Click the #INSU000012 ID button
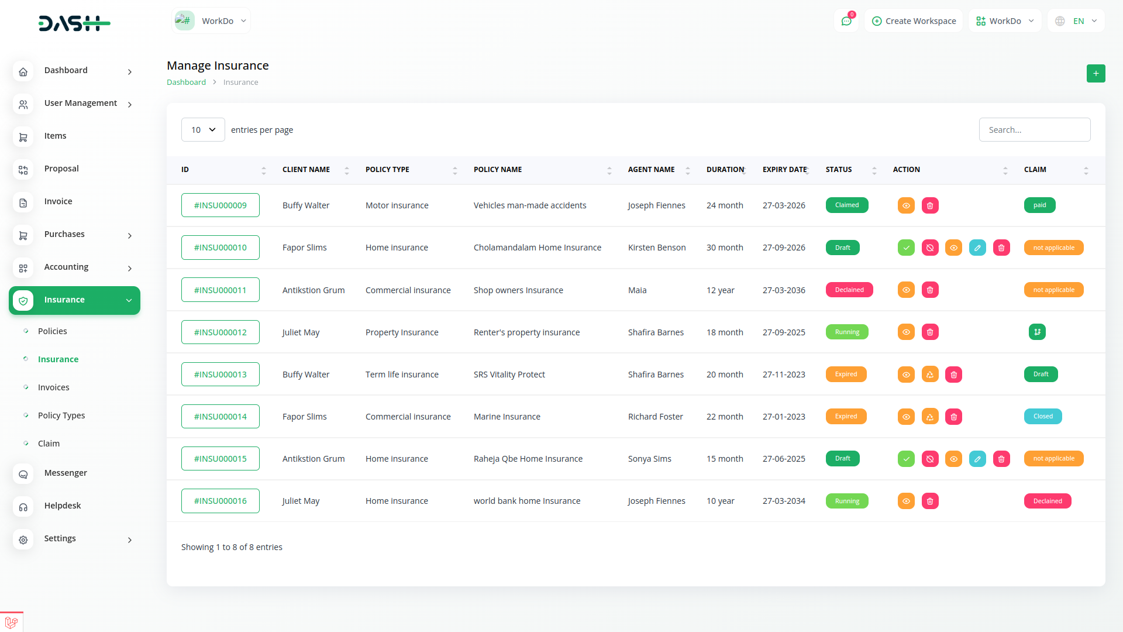pyautogui.click(x=221, y=332)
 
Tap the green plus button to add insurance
pyautogui.click(x=1096, y=74)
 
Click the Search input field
pyautogui.click(x=1034, y=130)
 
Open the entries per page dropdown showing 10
pyautogui.click(x=203, y=130)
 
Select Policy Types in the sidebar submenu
pyautogui.click(x=61, y=415)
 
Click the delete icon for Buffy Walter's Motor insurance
pyautogui.click(x=930, y=206)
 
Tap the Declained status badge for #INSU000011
pyautogui.click(x=849, y=290)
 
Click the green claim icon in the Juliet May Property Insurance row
pyautogui.click(x=1037, y=332)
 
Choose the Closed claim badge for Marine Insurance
pyautogui.click(x=1043, y=417)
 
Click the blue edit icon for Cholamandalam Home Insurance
pyautogui.click(x=977, y=248)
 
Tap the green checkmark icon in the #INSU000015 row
pyautogui.click(x=906, y=459)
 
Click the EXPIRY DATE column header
pyautogui.click(x=784, y=170)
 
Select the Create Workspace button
pyautogui.click(x=914, y=21)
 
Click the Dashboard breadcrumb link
pyautogui.click(x=186, y=83)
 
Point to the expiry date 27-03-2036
pyautogui.click(x=784, y=290)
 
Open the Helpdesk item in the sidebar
pyautogui.click(x=63, y=506)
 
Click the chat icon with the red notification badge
pyautogui.click(x=846, y=21)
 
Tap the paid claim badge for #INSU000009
pyautogui.click(x=1039, y=205)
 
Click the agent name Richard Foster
pyautogui.click(x=655, y=417)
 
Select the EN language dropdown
pyautogui.click(x=1076, y=21)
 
